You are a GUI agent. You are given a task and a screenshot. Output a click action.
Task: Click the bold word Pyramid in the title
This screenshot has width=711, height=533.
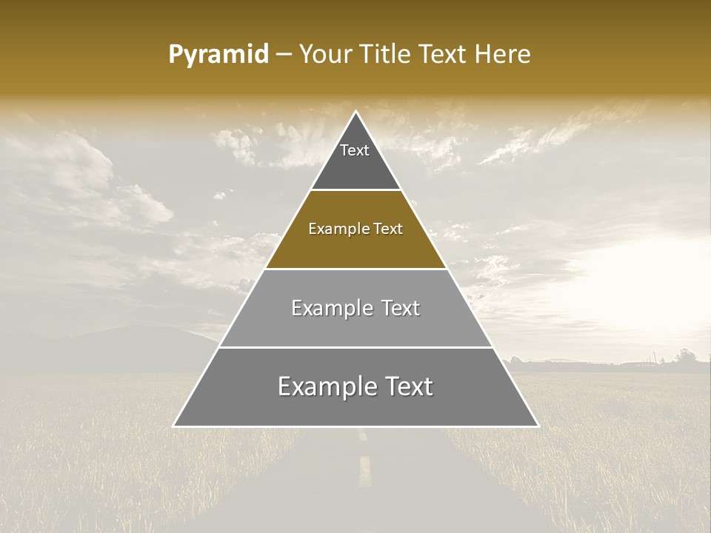point(218,55)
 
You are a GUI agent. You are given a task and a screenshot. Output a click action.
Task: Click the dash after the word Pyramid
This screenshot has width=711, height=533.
point(283,55)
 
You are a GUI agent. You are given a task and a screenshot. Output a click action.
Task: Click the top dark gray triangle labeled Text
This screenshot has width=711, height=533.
point(355,159)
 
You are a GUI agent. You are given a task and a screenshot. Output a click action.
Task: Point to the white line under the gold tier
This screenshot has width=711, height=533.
point(355,269)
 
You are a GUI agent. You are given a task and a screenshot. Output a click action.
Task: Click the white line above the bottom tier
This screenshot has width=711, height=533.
point(355,347)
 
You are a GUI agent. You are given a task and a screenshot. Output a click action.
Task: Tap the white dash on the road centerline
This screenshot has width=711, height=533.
point(364,471)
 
